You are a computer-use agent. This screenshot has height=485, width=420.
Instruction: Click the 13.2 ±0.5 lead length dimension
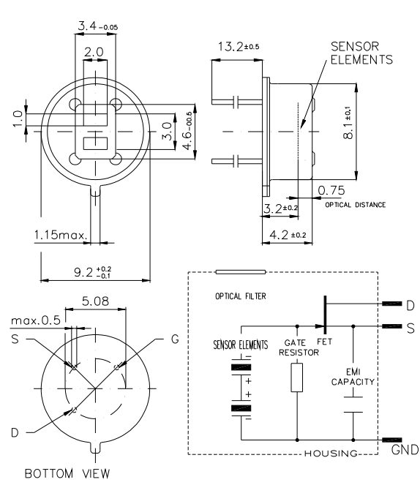239,47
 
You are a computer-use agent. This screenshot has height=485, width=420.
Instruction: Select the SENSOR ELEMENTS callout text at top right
361,53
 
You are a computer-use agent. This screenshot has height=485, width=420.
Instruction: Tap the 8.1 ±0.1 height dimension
348,123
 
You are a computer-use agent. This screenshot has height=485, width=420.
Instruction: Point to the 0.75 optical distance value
331,190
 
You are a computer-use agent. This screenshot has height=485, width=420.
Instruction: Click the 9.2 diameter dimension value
92,272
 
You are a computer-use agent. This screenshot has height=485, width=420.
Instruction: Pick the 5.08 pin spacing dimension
95,301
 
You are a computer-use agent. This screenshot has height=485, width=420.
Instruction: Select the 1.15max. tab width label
61,235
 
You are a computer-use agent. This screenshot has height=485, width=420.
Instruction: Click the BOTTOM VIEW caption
67,473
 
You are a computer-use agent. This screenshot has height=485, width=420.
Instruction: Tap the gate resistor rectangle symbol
297,377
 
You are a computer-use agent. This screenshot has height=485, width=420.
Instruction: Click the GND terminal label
405,449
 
